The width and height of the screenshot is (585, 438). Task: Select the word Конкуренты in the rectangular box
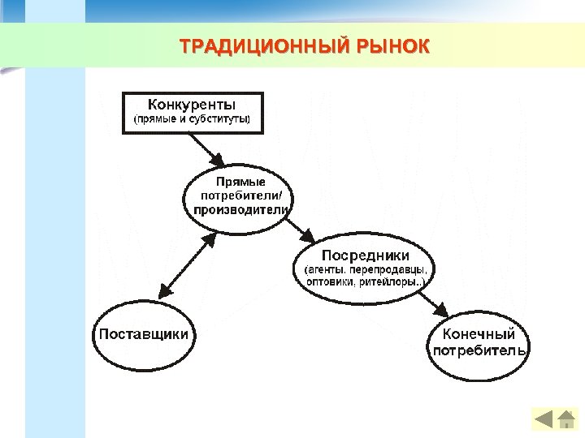[x=192, y=105]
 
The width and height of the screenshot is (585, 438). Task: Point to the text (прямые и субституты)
[x=193, y=121]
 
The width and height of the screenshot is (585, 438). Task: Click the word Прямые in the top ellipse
[x=240, y=182]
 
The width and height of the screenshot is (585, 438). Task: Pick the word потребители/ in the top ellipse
[x=241, y=195]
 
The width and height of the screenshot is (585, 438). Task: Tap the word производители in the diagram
[x=240, y=210]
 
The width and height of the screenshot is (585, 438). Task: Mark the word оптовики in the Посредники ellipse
[x=330, y=282]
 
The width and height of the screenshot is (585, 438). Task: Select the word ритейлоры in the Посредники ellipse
[x=390, y=282]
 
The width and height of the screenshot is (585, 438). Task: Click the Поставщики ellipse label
[x=144, y=333]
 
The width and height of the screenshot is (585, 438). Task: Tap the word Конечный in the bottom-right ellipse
[x=479, y=334]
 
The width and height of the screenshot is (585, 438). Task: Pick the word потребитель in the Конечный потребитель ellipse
[x=479, y=350]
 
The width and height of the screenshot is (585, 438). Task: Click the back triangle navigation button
[x=543, y=419]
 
